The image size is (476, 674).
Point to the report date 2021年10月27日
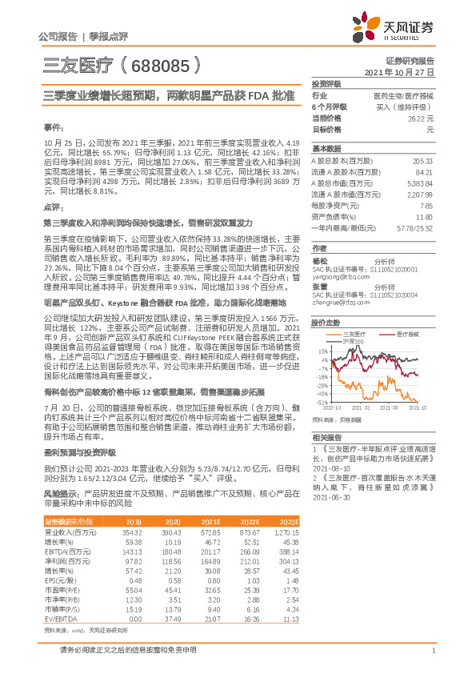(399, 71)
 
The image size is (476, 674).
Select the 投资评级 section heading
(326, 83)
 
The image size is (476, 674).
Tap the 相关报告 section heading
(326, 438)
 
